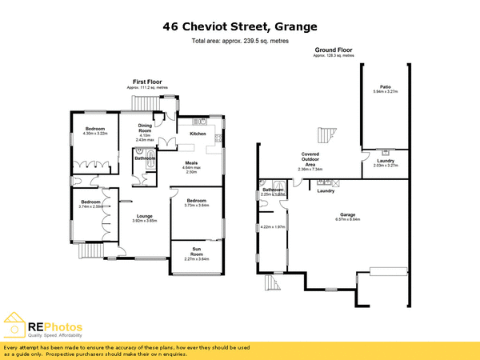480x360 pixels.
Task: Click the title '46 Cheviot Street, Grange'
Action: pos(239,26)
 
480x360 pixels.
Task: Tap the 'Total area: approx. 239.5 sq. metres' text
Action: pos(239,41)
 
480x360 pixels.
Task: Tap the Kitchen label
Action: pos(198,134)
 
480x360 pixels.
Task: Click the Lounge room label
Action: pos(144,215)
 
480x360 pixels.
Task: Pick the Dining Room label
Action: pos(145,127)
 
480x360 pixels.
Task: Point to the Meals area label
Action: pos(191,163)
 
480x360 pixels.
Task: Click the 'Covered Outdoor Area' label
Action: pos(310,158)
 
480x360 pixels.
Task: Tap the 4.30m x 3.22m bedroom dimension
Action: pos(94,134)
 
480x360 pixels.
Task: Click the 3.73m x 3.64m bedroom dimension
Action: pos(197,205)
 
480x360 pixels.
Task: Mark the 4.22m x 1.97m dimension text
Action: pos(273,227)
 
